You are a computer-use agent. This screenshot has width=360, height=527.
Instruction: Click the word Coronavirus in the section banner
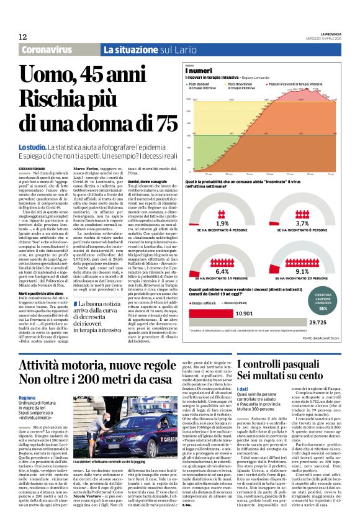[x=50, y=50]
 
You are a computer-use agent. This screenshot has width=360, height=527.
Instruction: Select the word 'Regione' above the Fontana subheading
[x=27, y=397]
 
